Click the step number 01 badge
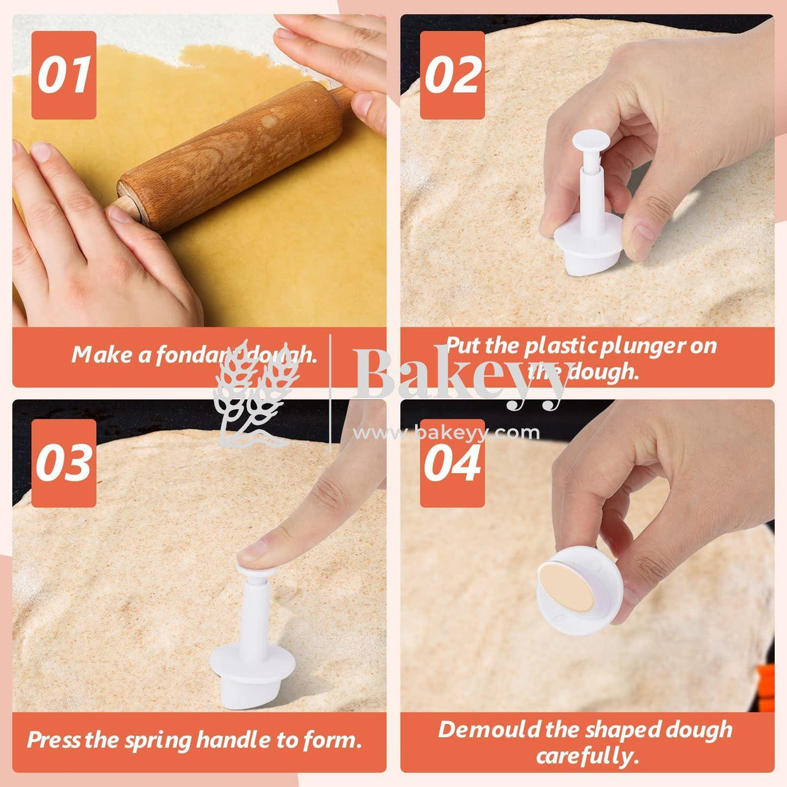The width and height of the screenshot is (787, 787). (64, 75)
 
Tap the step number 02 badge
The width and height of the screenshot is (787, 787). (452, 75)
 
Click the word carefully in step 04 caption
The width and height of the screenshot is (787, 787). (587, 756)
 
